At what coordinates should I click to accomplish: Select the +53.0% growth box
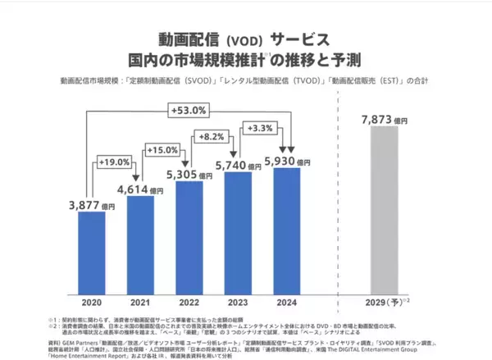tap(189, 110)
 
